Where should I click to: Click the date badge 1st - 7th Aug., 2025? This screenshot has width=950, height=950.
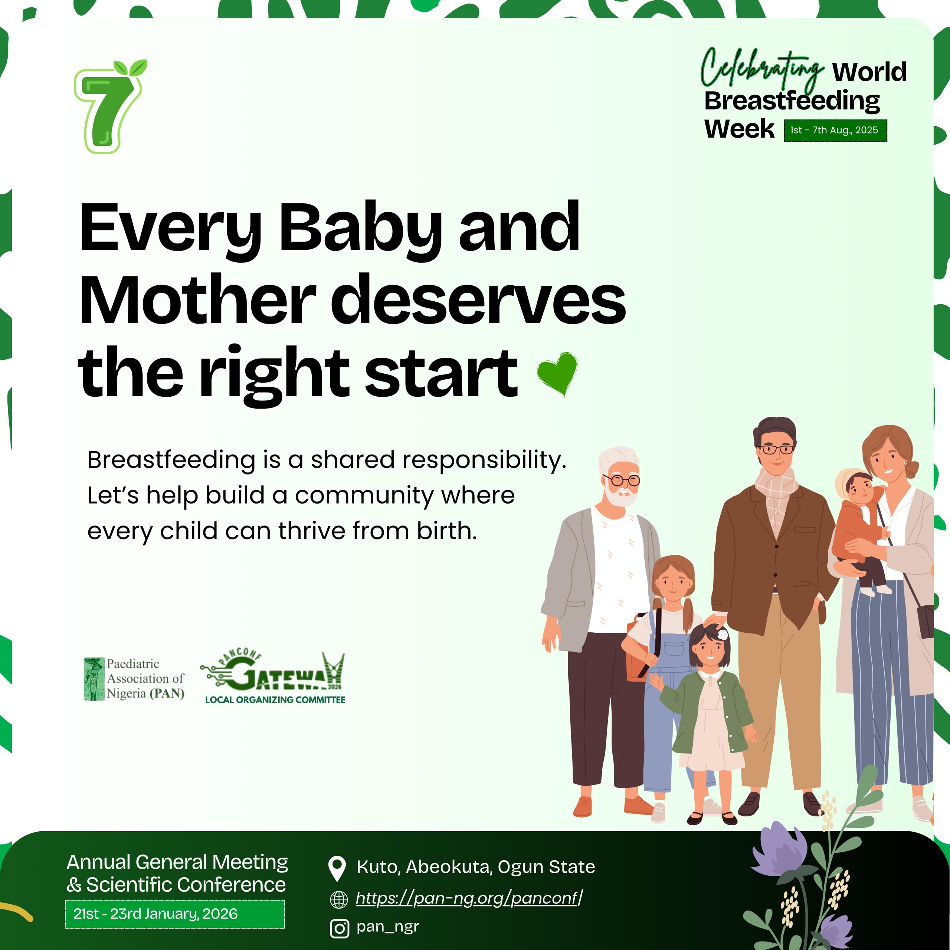point(835,130)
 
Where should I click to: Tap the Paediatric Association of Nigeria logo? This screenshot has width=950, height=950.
point(134,679)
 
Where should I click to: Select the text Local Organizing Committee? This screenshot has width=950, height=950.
point(275,700)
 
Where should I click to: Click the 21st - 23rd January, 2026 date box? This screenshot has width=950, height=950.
point(175,914)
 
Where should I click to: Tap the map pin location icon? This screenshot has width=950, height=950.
point(337,869)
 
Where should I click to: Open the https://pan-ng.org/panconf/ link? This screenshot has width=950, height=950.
point(469,898)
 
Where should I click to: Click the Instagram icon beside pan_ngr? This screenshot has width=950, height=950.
point(339,929)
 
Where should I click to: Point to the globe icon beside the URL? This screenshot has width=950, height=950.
point(338,900)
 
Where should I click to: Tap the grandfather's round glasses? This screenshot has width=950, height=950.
point(622,480)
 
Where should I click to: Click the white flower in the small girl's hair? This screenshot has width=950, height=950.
point(723,635)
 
